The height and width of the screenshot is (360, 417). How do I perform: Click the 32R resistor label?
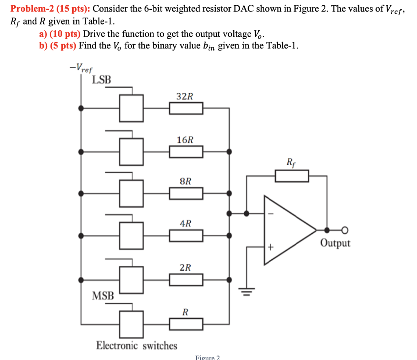[x=185, y=97]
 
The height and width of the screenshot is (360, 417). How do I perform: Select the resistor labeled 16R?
[x=186, y=152]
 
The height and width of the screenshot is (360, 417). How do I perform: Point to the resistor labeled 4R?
[x=186, y=236]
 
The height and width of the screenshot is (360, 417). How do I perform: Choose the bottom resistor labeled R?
[x=186, y=324]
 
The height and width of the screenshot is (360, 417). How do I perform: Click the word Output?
[x=335, y=243]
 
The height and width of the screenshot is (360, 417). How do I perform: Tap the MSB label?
[x=103, y=295]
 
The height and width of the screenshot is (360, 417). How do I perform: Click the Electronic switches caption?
[x=136, y=346]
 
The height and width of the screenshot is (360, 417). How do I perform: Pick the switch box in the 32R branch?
[x=131, y=108]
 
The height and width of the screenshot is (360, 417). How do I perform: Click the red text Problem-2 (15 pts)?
[x=50, y=9]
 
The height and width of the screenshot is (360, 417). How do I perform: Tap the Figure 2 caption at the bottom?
[x=208, y=357]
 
